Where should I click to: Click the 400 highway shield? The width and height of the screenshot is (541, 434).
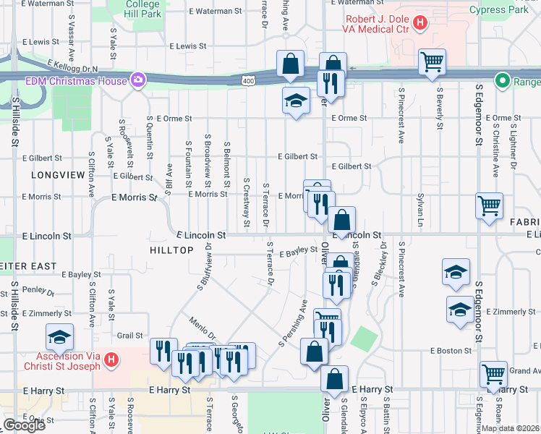[248, 80]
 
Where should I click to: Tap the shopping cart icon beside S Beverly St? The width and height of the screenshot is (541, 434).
[432, 62]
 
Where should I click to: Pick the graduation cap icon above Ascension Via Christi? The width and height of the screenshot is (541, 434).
[60, 336]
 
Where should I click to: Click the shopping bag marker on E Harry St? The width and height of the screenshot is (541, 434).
[335, 378]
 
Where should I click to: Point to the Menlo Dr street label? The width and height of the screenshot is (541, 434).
[203, 330]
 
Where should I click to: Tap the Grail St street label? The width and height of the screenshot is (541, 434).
[129, 335]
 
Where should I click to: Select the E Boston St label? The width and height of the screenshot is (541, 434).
[451, 351]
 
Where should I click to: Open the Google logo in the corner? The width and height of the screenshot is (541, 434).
[24, 425]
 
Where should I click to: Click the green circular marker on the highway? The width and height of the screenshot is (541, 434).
[500, 80]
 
